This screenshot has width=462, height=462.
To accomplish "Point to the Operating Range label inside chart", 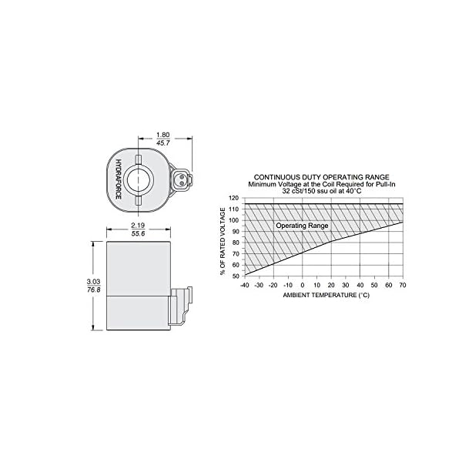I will [303, 226].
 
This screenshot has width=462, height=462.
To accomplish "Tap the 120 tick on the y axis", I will [235, 197].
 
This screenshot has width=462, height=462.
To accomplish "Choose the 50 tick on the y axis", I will [235, 276].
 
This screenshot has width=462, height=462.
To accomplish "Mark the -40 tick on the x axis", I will [244, 285].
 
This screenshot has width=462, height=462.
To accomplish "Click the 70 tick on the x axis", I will [403, 285].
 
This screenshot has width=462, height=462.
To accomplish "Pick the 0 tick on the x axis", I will [303, 285].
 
